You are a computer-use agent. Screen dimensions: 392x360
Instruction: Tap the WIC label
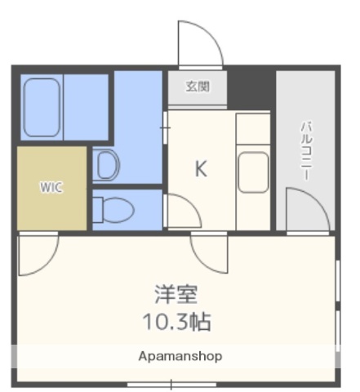tap(51, 186)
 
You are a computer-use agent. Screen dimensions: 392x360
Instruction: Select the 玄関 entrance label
tap(197, 87)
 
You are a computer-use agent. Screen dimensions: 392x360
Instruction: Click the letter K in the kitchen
tap(201, 169)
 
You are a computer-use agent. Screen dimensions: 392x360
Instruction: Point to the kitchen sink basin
tap(252, 171)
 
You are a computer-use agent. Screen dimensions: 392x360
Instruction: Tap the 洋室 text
tap(177, 294)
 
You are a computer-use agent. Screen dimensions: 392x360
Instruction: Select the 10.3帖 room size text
tap(178, 321)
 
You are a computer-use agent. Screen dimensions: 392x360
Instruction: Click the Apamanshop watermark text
tap(180, 357)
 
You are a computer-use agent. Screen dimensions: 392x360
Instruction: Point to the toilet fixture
tap(105, 210)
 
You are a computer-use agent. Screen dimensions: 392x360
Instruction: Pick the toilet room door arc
tap(183, 211)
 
